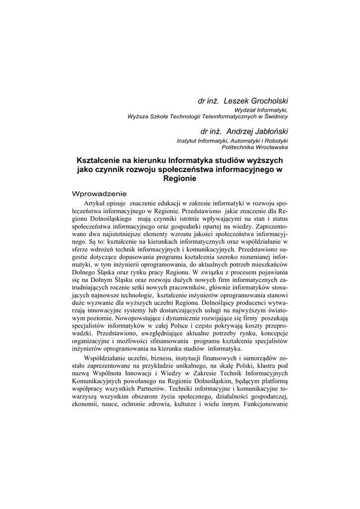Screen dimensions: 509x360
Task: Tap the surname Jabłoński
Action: tap(269, 131)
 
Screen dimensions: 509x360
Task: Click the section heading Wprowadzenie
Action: tap(99, 193)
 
